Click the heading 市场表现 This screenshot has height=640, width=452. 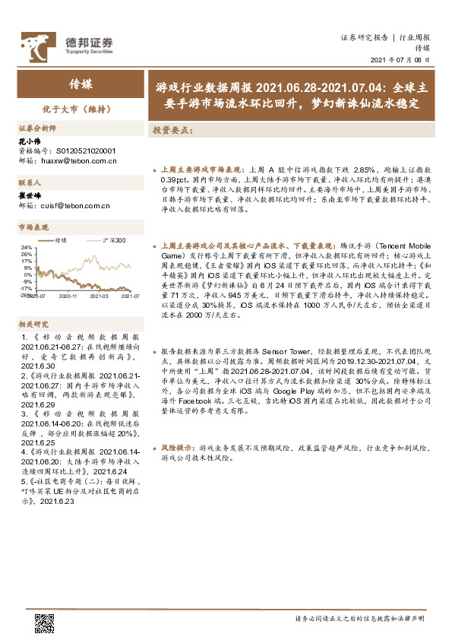[33, 227]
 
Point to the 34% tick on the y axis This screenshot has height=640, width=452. [27, 248]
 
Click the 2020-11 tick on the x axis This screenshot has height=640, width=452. [70, 296]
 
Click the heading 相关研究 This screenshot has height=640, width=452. [33, 324]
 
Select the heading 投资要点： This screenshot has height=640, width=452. [173, 130]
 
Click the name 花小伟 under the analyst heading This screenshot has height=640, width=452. [27, 141]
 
